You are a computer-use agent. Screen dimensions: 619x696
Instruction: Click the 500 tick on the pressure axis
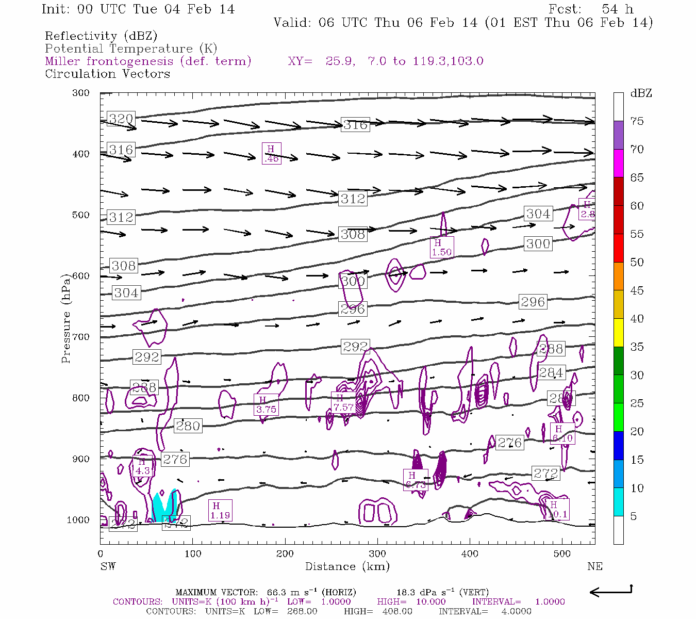click(x=81, y=215)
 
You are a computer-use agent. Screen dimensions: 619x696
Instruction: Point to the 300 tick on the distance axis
click(x=377, y=554)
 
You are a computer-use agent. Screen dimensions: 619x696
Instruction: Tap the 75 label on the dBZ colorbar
click(x=637, y=121)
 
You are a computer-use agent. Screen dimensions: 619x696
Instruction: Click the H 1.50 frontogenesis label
click(x=442, y=248)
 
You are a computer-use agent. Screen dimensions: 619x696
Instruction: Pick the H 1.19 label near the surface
click(x=220, y=510)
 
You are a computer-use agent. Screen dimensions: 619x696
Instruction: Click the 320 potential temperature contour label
click(x=121, y=119)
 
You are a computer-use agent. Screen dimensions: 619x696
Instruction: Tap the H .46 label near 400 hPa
click(x=271, y=154)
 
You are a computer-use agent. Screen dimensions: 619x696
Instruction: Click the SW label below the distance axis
click(x=108, y=566)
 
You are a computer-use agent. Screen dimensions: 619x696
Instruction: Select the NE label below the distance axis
click(x=594, y=566)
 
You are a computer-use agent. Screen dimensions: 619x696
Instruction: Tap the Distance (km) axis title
click(x=347, y=566)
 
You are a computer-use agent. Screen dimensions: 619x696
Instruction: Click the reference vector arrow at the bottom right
click(x=610, y=591)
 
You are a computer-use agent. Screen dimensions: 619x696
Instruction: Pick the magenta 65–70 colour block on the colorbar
click(x=618, y=163)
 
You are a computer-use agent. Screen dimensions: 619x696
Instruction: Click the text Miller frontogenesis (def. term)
click(x=148, y=61)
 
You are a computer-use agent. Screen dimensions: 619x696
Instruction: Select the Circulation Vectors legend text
click(x=107, y=74)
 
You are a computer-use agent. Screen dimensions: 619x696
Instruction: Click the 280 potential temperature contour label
click(x=188, y=426)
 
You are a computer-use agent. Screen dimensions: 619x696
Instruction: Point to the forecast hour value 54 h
click(x=617, y=9)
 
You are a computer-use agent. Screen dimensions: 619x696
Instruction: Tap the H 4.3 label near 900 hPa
click(x=142, y=466)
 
